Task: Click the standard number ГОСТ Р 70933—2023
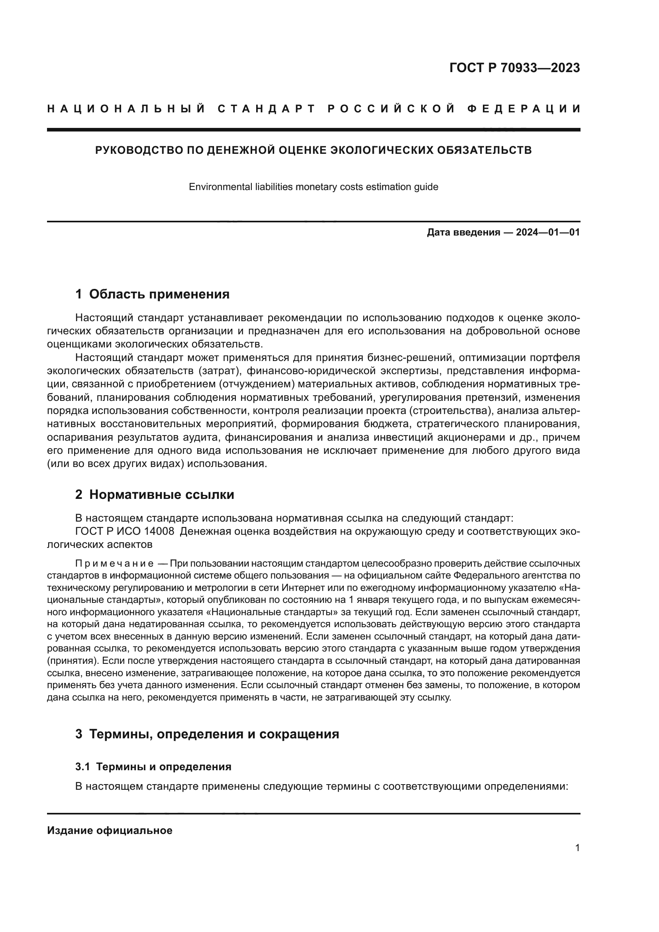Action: (514, 68)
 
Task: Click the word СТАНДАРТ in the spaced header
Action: (267, 109)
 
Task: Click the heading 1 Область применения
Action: (152, 294)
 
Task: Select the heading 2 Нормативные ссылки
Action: (155, 495)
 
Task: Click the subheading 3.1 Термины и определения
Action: (153, 767)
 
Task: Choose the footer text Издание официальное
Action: (110, 830)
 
